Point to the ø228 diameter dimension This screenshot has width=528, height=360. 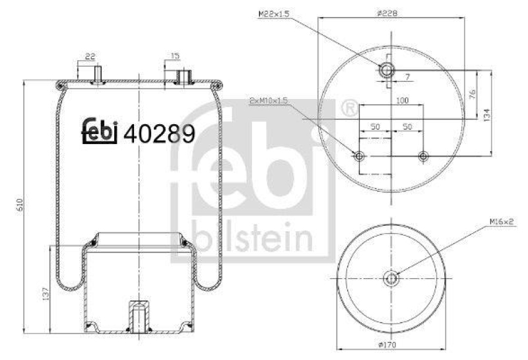(387, 13)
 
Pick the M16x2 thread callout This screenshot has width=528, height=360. (502, 222)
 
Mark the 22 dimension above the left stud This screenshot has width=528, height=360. (90, 56)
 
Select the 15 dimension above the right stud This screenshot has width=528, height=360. (175, 56)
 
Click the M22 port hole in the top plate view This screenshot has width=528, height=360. (386, 70)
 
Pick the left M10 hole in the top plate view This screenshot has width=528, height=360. (359, 157)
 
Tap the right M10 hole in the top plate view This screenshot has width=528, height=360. (423, 157)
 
